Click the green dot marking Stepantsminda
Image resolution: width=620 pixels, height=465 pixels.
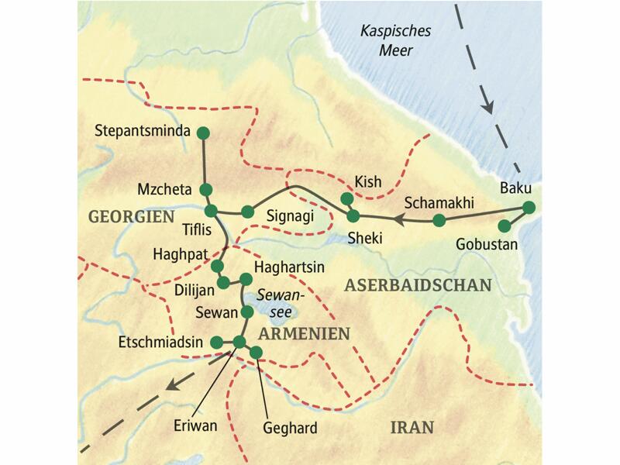(x=204, y=133)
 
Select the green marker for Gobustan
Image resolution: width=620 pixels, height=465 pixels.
(x=505, y=226)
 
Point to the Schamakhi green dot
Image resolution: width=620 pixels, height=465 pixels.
(x=439, y=222)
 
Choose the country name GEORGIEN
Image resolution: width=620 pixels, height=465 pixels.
(x=131, y=218)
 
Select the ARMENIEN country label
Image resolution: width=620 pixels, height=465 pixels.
(x=304, y=333)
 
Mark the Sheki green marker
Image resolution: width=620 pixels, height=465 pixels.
(x=353, y=215)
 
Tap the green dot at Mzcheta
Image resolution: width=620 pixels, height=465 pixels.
(x=206, y=190)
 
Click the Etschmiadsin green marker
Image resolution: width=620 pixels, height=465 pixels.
(x=217, y=341)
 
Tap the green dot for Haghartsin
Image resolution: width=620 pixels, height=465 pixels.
(x=246, y=279)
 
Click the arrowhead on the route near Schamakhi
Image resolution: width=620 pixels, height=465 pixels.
(x=398, y=219)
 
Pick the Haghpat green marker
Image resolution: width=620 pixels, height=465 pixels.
(x=216, y=266)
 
